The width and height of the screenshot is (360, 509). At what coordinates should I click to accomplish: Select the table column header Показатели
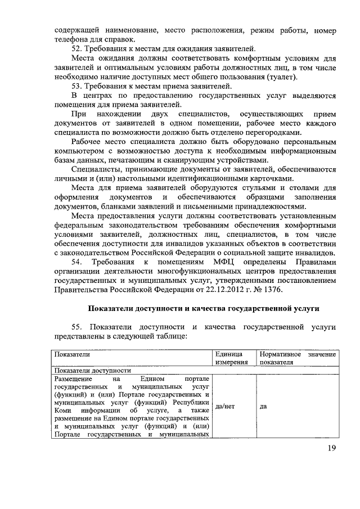71,354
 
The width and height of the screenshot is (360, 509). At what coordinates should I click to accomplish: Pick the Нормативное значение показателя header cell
298,358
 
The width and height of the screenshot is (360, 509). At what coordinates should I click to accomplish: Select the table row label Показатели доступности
92,371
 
